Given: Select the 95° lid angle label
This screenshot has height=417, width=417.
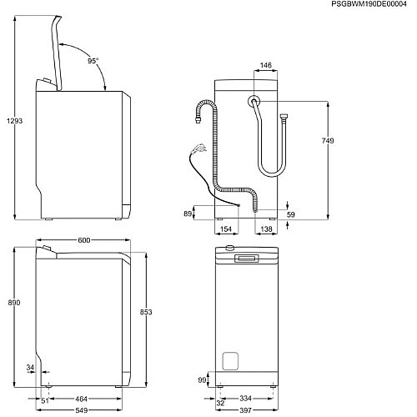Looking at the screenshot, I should [x=92, y=61].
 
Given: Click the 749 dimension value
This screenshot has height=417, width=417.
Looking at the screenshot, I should [x=327, y=141].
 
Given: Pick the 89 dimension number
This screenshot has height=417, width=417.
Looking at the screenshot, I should [x=188, y=213].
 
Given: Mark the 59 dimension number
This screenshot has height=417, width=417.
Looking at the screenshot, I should [x=291, y=214].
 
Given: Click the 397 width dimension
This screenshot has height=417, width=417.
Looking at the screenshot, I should [x=245, y=410].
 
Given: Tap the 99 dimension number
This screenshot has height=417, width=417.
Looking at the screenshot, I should [x=201, y=380].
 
